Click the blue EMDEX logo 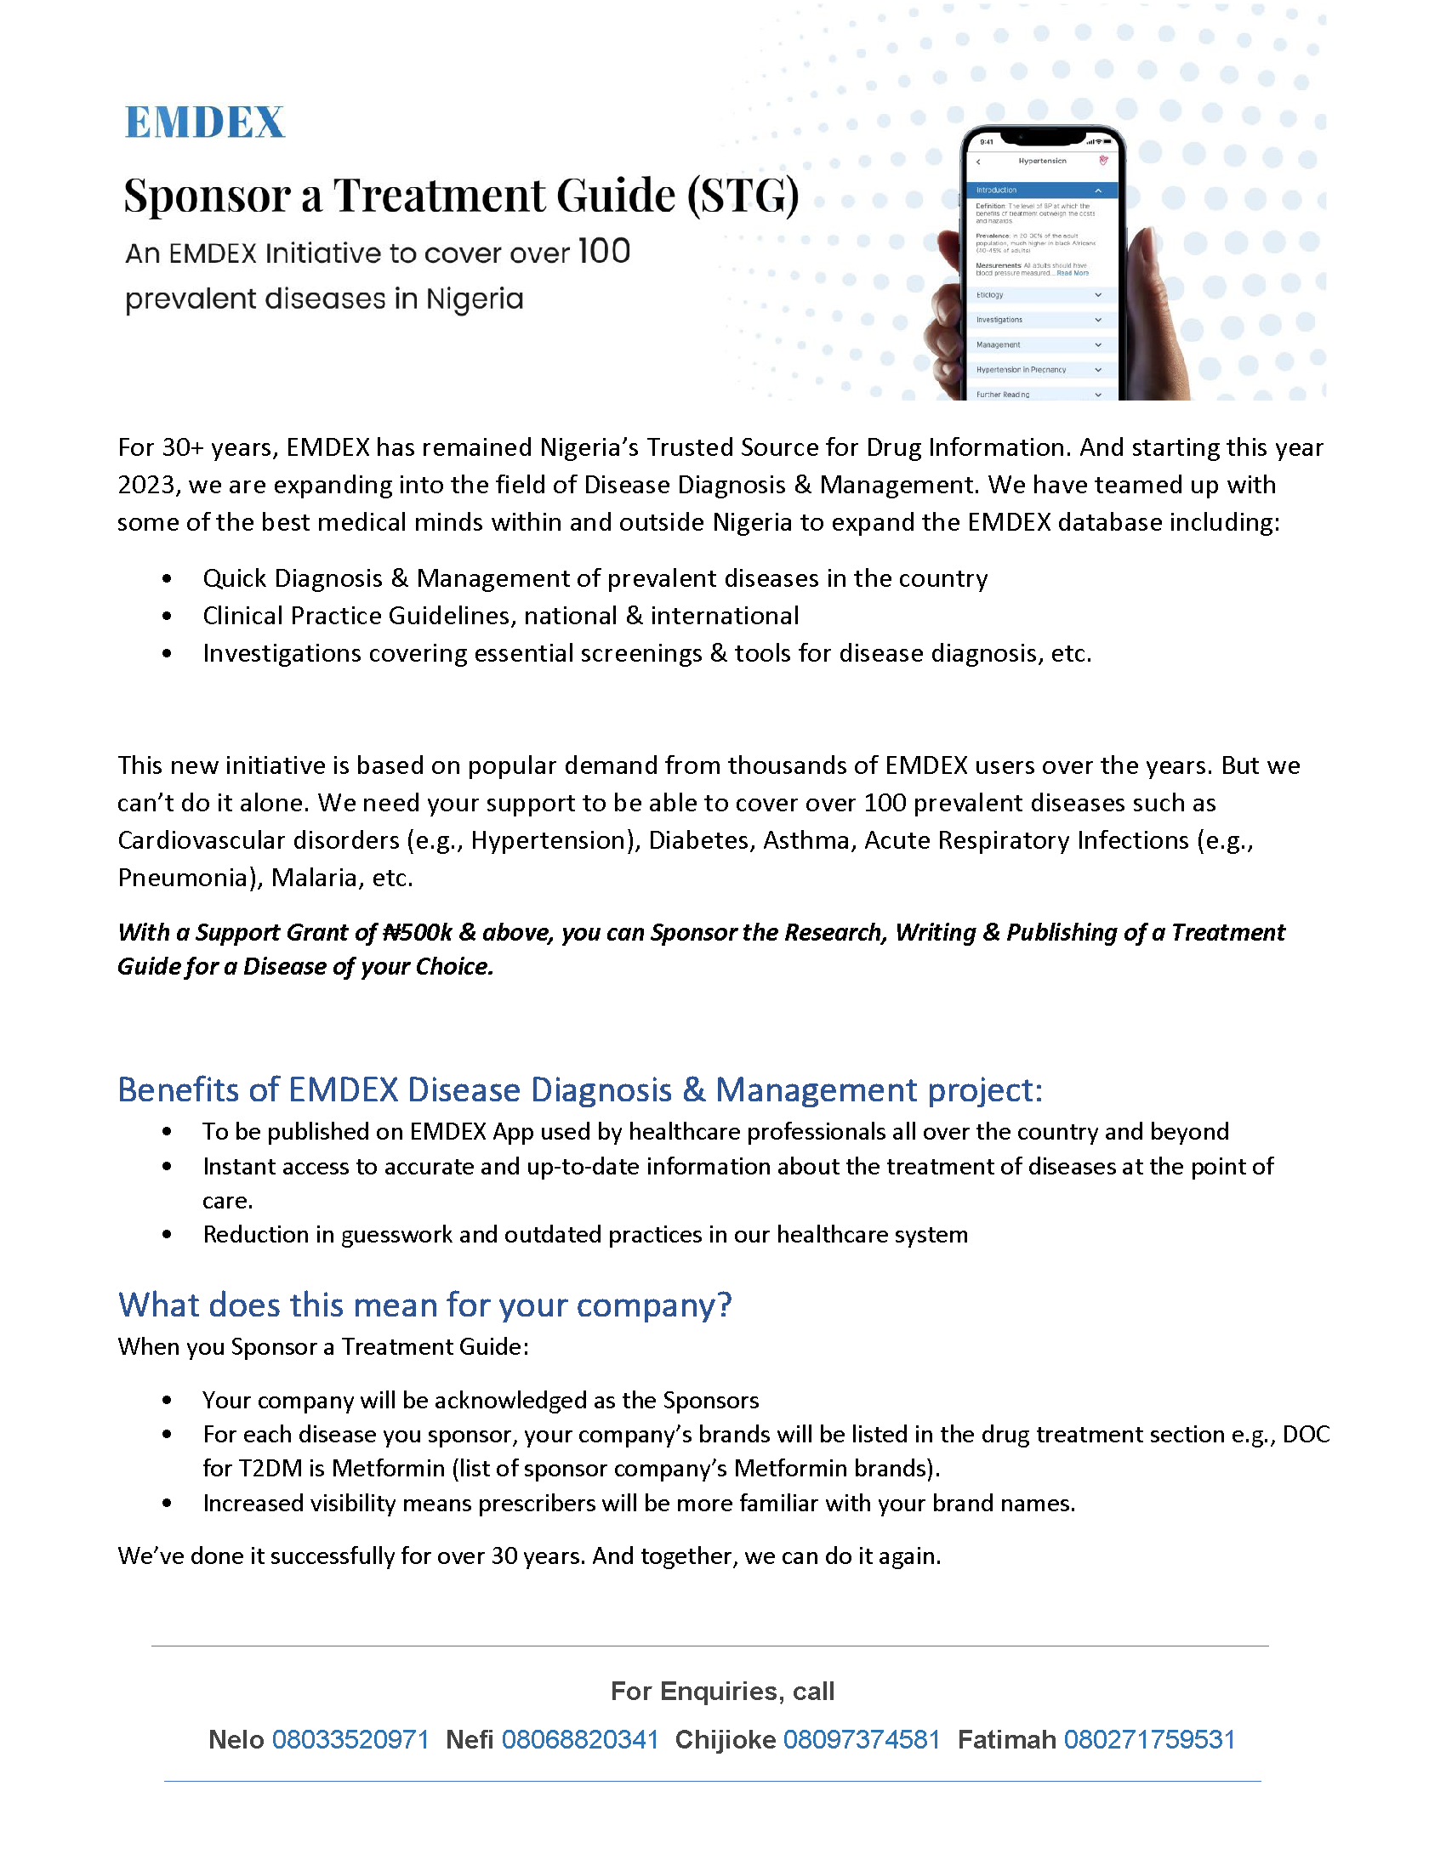204,122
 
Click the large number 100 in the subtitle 604,251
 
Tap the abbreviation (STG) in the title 743,196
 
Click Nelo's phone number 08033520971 350,1739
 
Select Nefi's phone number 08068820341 580,1739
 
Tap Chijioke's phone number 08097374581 862,1739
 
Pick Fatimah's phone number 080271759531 1150,1739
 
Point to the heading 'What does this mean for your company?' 425,1305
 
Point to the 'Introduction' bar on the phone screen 1041,191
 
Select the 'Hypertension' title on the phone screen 1043,161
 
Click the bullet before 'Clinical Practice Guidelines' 167,616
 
